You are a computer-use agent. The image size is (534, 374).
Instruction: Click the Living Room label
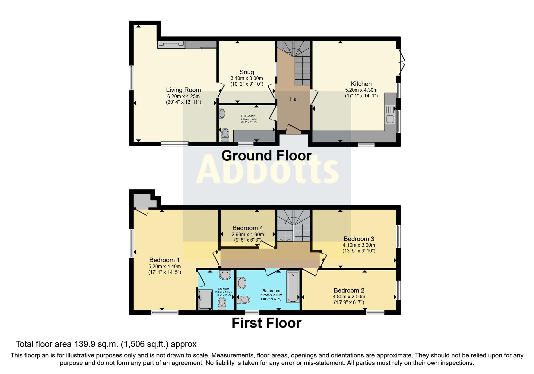pos(183,90)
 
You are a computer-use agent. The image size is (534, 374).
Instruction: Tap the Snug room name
pos(247,72)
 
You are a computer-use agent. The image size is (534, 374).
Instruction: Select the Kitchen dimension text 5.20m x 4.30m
pos(361,90)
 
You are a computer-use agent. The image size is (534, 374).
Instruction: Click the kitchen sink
pos(390,114)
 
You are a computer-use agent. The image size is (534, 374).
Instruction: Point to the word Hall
pos(294,99)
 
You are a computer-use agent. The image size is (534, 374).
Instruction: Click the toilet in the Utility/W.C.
pos(225,135)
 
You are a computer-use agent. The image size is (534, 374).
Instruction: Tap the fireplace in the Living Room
pos(171,45)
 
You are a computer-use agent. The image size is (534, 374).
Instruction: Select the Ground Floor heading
pos(266,156)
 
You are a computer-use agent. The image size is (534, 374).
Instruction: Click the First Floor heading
pos(266,323)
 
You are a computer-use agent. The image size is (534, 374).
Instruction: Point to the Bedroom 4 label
pos(248,228)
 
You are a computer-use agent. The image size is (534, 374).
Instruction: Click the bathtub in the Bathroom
pos(293,287)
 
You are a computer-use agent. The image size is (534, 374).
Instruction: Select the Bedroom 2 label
pos(349,290)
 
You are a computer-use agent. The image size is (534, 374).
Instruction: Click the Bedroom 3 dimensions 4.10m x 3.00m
pos(359,245)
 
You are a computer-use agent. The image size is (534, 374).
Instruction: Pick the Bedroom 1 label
pos(164,260)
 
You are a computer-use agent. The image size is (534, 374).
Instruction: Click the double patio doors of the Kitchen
pos(401,62)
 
